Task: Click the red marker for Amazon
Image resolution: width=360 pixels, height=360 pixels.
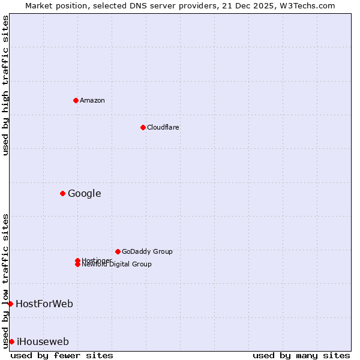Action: (x=76, y=100)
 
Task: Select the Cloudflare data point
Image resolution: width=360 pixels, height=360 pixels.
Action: (x=143, y=127)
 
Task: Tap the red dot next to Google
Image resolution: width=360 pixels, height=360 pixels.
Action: (x=62, y=193)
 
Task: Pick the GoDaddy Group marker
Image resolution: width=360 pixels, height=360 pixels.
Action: (x=118, y=251)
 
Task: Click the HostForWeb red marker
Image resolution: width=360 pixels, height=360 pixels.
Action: (x=10, y=304)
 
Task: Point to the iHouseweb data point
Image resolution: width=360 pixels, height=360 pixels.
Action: (x=11, y=341)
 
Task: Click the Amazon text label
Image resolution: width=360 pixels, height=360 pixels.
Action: (x=92, y=100)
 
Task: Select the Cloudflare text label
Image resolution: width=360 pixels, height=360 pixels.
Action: (x=163, y=127)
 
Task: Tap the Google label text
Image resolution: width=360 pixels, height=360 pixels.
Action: (x=84, y=193)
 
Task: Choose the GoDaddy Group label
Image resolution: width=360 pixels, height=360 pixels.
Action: (x=146, y=251)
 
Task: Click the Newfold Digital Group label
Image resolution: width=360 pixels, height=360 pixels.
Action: (x=116, y=265)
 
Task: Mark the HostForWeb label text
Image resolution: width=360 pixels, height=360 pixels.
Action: (x=44, y=304)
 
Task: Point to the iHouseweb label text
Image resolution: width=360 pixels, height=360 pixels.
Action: (x=43, y=341)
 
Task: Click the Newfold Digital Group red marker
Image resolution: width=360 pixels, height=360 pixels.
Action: (x=77, y=264)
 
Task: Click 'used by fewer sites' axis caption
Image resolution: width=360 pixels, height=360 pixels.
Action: (x=62, y=355)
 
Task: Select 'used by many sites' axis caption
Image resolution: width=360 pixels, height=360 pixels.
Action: (x=301, y=355)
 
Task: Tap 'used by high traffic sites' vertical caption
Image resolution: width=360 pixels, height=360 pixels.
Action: (x=5, y=85)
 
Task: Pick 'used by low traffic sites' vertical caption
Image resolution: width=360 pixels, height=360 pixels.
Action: (x=5, y=280)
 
